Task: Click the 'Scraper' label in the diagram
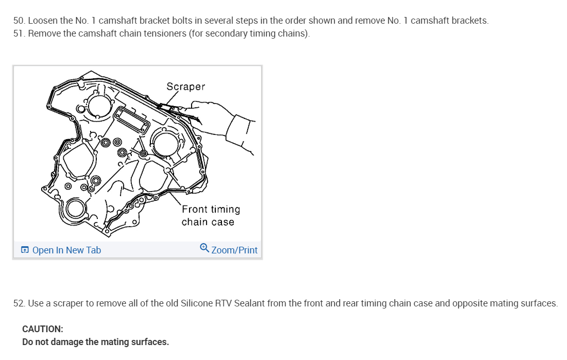coord(185,87)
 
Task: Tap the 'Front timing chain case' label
coord(210,215)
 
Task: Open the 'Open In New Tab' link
coord(66,250)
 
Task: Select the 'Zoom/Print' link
coord(234,250)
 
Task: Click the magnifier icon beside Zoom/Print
coord(204,249)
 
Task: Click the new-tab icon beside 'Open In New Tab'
coord(25,250)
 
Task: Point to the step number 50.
coord(19,21)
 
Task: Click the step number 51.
coord(19,34)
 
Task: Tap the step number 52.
coord(19,303)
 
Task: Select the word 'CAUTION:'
coord(43,329)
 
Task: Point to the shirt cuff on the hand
coord(242,133)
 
